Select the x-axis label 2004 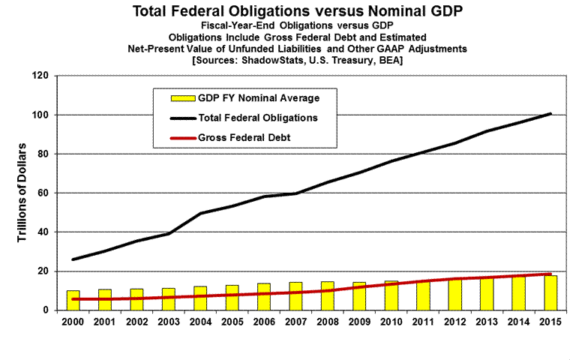coord(200,322)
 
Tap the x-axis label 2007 coord(295,322)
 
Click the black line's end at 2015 coord(552,114)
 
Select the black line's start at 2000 coord(73,259)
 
